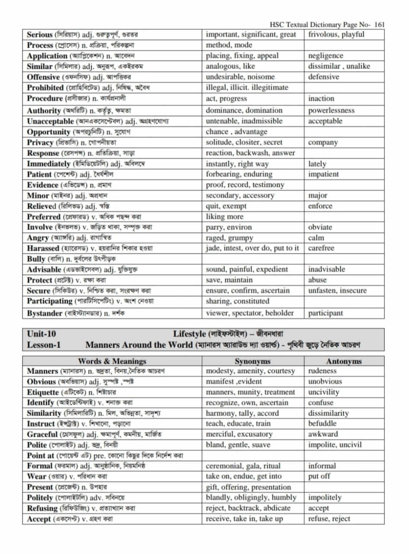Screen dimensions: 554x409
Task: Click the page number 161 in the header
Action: point(380,25)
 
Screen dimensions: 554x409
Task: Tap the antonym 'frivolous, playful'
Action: point(336,35)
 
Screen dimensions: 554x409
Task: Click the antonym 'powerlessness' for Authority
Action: point(331,110)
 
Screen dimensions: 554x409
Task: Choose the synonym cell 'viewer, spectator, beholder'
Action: point(249,313)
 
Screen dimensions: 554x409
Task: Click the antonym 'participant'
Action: point(325,313)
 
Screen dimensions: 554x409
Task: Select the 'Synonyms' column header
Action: point(252,361)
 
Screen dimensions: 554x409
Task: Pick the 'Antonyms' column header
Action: point(344,361)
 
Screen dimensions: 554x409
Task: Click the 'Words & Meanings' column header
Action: point(112,361)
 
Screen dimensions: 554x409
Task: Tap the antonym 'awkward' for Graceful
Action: point(323,434)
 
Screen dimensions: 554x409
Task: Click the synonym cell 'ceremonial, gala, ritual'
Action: point(243,466)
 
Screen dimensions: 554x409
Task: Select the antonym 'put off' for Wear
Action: point(319,477)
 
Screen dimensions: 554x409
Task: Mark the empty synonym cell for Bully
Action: point(252,259)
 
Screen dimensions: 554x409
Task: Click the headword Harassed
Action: point(43,248)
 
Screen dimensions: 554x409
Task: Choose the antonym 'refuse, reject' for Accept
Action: point(329,519)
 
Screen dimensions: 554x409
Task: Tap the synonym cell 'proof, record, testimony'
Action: point(245,185)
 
